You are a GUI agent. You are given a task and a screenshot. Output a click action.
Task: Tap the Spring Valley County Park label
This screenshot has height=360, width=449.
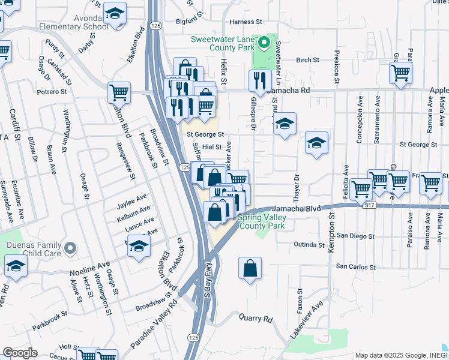[x=261, y=222]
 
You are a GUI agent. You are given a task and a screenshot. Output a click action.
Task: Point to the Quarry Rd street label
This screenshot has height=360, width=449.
[x=255, y=319]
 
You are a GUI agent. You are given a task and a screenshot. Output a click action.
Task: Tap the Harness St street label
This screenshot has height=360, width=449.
[x=247, y=22]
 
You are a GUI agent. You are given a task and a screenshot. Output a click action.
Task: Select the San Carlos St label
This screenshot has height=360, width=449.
[x=355, y=266]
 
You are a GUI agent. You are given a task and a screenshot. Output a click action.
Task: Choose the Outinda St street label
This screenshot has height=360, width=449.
[x=309, y=244]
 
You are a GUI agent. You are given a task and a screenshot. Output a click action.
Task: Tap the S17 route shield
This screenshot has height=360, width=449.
[x=372, y=205]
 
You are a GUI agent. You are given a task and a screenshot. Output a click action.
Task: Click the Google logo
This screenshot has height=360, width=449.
[x=20, y=353]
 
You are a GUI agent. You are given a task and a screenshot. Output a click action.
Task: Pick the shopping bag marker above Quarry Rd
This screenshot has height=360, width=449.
[x=250, y=269]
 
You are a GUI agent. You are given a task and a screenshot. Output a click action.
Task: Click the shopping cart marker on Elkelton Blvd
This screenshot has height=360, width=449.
[x=119, y=92]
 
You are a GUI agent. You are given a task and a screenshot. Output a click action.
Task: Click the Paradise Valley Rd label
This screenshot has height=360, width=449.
[x=155, y=324]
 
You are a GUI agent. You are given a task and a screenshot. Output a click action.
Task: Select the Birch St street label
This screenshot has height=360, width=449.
[x=307, y=60]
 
